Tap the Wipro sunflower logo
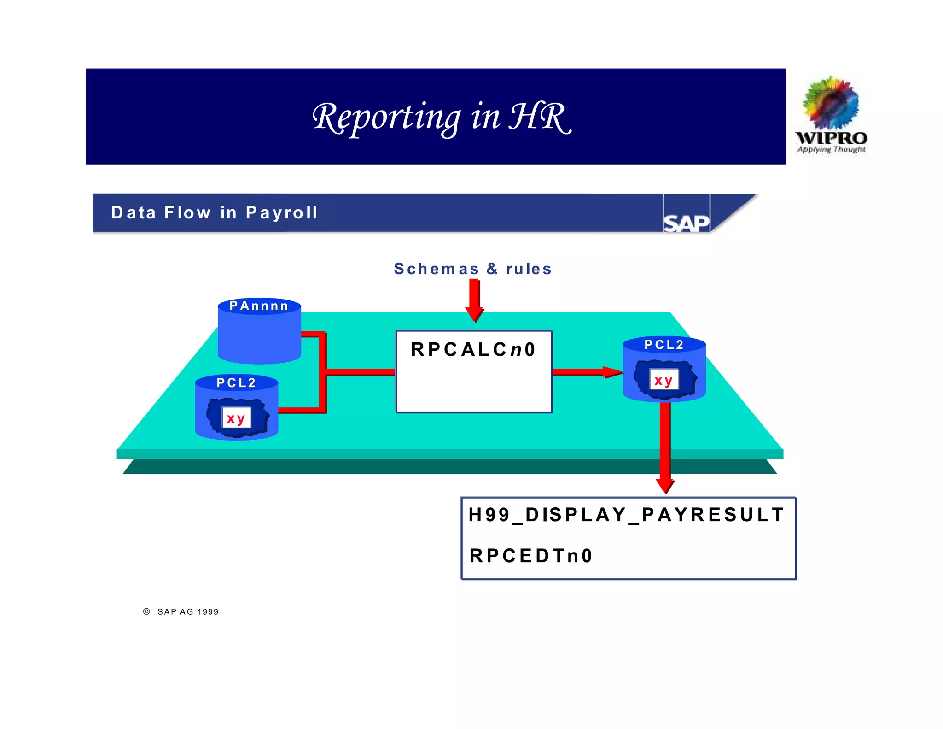831,102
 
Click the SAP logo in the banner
686,223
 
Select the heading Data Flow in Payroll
214,212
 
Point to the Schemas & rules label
472,269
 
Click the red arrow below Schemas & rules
475,300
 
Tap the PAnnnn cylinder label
259,306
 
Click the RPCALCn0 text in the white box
473,349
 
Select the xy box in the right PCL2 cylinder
664,380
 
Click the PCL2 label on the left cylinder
236,382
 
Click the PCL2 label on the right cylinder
664,345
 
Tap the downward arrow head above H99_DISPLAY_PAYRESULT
665,486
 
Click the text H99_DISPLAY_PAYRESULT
626,515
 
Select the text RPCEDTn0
531,556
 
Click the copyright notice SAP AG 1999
188,612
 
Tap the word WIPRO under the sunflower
831,138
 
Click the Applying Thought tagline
831,149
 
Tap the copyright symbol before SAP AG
146,611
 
